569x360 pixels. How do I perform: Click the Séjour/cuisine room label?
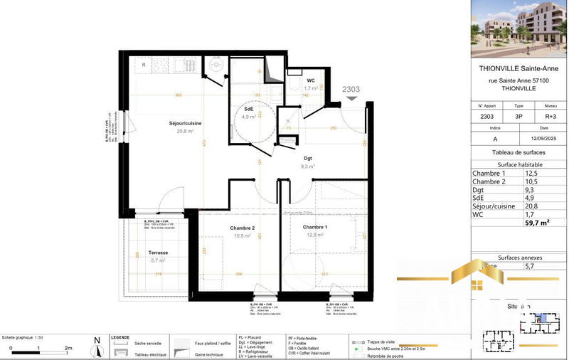(185, 124)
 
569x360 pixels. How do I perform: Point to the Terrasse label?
(158, 253)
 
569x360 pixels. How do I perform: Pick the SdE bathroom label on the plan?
(249, 109)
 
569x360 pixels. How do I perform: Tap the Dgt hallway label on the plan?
(308, 158)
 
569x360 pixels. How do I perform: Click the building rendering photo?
(520, 28)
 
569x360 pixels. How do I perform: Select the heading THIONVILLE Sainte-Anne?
(520, 69)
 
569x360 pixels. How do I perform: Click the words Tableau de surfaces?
(520, 153)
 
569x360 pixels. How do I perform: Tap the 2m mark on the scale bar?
(68, 348)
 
